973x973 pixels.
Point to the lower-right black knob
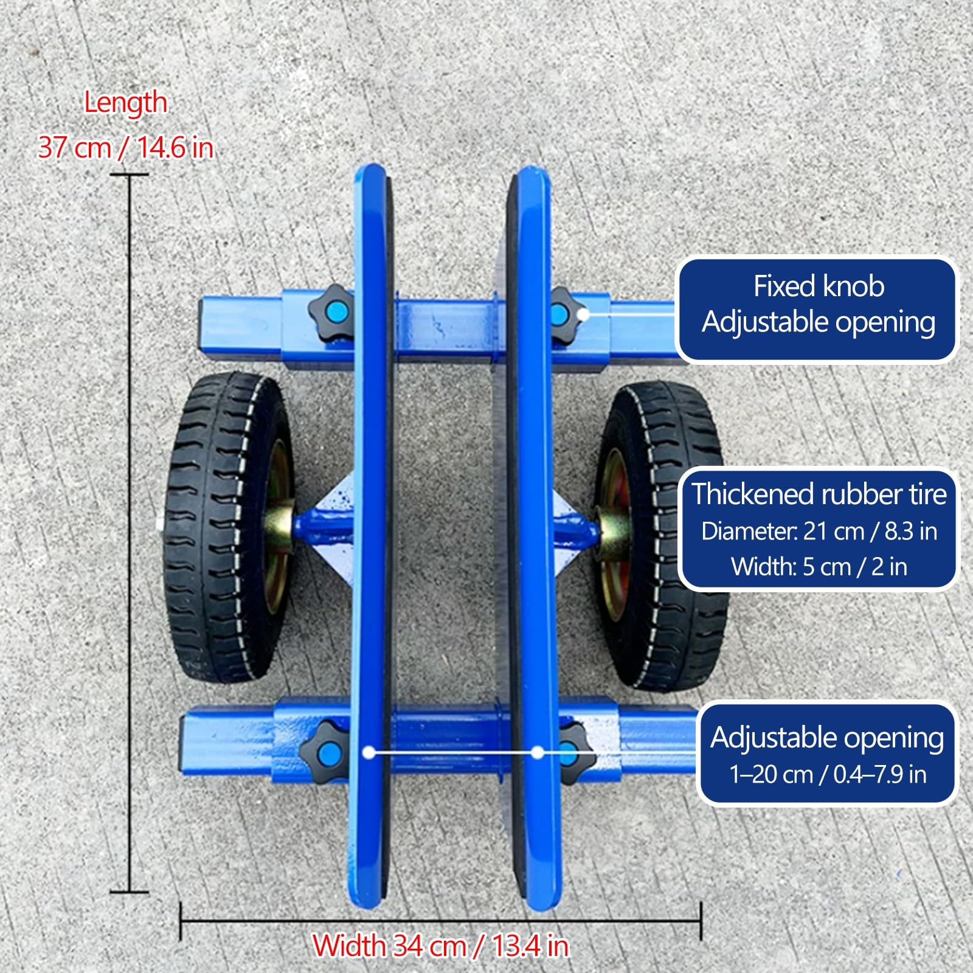[x=572, y=752]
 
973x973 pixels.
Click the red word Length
[x=125, y=103]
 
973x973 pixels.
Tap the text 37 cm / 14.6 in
[x=125, y=147]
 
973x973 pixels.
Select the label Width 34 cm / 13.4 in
[x=440, y=946]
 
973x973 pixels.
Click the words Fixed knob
[x=819, y=286]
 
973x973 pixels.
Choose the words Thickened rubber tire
[x=819, y=494]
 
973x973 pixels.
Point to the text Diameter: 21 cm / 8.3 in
[x=819, y=531]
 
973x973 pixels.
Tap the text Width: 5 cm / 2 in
[x=819, y=567]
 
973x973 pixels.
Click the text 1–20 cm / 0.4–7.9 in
[x=828, y=774]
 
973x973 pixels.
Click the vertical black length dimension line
[x=130, y=533]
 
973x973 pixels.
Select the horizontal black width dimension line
[x=441, y=921]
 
